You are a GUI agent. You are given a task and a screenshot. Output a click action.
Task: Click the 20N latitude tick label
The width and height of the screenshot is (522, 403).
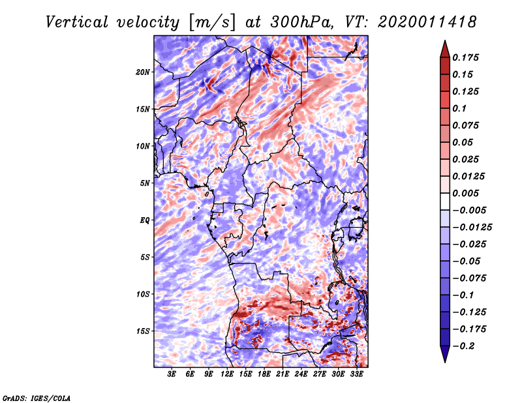tap(143, 72)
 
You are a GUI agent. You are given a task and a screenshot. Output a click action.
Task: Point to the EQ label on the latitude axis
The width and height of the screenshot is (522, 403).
tap(145, 220)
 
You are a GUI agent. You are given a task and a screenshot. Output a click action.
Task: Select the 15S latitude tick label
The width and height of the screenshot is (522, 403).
tap(143, 331)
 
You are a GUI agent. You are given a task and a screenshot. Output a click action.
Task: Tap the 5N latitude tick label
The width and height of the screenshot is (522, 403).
tap(145, 183)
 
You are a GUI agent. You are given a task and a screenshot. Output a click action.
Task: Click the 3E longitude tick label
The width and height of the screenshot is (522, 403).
tap(172, 375)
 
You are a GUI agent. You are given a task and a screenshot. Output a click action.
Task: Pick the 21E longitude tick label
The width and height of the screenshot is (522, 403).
tap(283, 375)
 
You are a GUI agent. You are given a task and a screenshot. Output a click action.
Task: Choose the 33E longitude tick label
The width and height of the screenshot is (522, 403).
tap(356, 375)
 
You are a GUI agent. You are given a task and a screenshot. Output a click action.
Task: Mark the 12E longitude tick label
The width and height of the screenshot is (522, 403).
tap(227, 375)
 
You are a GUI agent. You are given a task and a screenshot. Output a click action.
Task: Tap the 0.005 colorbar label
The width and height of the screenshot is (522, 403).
tap(467, 194)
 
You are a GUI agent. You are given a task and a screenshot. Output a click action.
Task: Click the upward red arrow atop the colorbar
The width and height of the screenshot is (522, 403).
tap(444, 46)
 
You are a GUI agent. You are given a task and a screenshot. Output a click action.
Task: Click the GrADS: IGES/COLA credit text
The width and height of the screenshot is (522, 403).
tap(36, 397)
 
